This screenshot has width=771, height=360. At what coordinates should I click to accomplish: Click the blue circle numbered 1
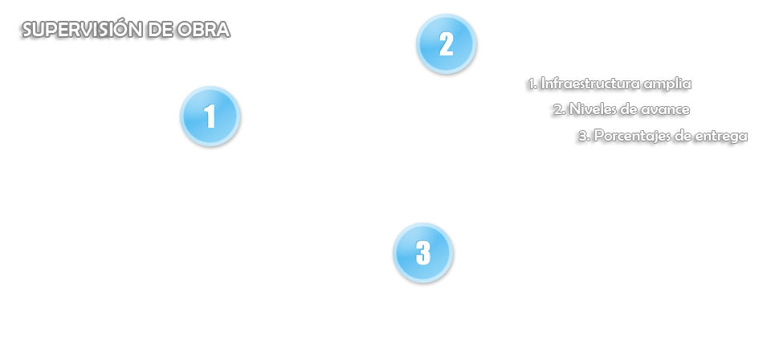[x=210, y=117]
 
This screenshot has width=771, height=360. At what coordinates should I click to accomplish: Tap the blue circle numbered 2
[x=446, y=44]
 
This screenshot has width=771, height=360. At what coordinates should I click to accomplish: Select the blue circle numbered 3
[x=423, y=253]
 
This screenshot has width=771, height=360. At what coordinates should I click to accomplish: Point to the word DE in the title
[x=158, y=31]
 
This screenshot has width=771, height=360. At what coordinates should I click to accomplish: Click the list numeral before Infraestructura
[x=532, y=84]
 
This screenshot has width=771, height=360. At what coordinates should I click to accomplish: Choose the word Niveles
[x=594, y=109]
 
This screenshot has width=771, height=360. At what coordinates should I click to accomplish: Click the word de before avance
[x=629, y=109]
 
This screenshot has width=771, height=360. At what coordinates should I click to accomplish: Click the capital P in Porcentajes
[x=598, y=137]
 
